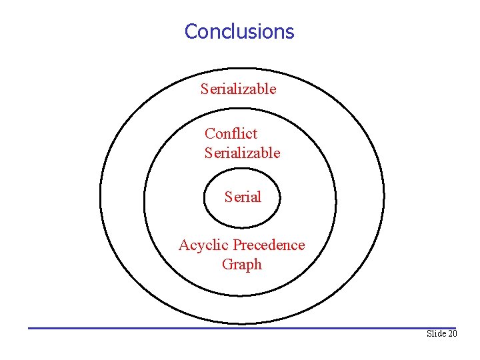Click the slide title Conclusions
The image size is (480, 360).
[x=239, y=31]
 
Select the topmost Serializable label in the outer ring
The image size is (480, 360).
[x=238, y=89]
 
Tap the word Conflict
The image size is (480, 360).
[x=231, y=133]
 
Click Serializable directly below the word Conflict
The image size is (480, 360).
[x=242, y=153]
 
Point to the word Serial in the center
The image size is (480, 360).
[x=243, y=197]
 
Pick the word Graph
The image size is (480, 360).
[x=241, y=265]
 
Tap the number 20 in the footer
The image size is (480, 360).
[x=453, y=333]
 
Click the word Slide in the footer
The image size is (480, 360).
[x=437, y=333]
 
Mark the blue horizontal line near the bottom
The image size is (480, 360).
[x=240, y=327]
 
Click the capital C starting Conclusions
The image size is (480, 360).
[x=191, y=31]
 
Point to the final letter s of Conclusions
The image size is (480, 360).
[x=290, y=32]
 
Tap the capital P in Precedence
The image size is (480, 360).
[x=237, y=245]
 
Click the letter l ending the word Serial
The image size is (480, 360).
[x=259, y=197]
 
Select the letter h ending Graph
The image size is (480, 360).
[x=257, y=264]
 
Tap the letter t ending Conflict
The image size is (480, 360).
[x=255, y=134]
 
